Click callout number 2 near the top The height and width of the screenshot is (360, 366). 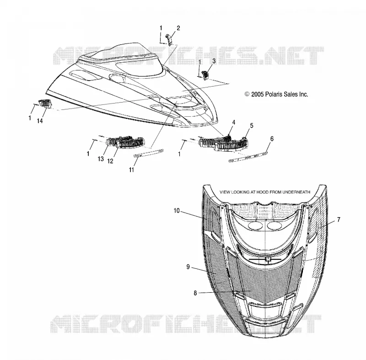pos(178,28)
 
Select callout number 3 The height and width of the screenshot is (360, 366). pos(214,61)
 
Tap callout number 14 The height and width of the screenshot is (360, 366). pos(40,121)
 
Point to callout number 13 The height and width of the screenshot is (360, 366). pos(101,159)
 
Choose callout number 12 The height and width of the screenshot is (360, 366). pos(110,161)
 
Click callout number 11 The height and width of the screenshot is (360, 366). pos(131,170)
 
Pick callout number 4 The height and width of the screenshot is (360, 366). pos(233,122)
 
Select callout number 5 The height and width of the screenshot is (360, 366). pos(252,125)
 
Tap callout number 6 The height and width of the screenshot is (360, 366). pos(272,139)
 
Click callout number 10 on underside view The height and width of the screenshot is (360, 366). pos(177,211)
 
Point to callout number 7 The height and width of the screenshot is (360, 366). pos(339,219)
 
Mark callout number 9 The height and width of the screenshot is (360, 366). pos(188,267)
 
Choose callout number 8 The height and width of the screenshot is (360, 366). pos(195,293)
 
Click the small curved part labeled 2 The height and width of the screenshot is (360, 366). pos(168,39)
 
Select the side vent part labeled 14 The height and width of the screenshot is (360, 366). pos(45,104)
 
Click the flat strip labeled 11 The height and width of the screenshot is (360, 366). pos(148,153)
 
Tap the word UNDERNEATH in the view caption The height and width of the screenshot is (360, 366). pos(296,192)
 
